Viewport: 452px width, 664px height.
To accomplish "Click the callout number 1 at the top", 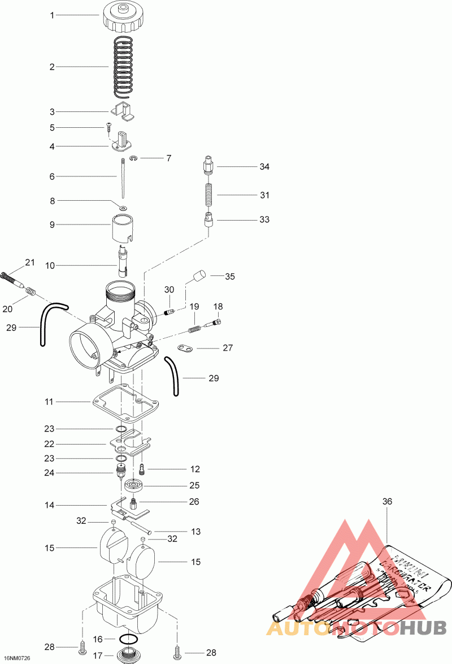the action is [52, 15].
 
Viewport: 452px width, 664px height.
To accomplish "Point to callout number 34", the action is [264, 167].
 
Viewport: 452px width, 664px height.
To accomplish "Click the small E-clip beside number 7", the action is [133, 159].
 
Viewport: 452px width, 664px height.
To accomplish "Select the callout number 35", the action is [229, 277].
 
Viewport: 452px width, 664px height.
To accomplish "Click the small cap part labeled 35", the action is [198, 277].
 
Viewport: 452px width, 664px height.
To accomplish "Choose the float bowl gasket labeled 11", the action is [125, 403].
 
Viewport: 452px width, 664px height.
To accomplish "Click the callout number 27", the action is [227, 348].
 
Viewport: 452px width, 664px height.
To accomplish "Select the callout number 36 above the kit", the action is [387, 501].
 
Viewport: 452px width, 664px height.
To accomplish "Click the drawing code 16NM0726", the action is [16, 658].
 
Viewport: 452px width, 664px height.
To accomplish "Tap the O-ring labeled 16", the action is [131, 639].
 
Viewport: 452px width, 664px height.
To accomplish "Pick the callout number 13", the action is [195, 532].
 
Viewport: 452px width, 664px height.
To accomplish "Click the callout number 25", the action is [194, 485].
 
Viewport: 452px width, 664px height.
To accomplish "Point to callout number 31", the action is [264, 195].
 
